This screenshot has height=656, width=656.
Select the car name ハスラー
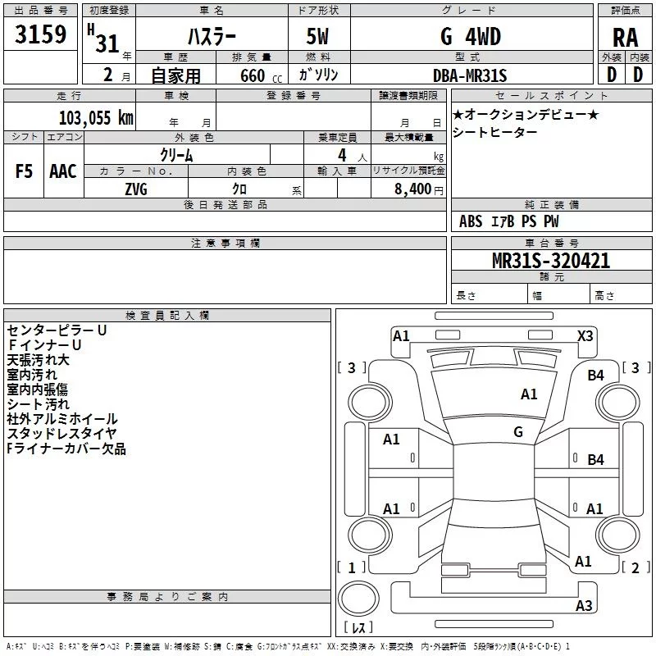[211, 37]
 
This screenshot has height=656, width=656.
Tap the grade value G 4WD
[470, 37]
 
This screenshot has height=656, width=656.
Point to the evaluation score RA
[625, 37]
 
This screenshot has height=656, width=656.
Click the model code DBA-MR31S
[470, 75]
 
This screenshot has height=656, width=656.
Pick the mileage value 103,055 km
[96, 117]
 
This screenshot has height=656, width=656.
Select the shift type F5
[25, 171]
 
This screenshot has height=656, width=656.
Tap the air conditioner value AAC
[63, 171]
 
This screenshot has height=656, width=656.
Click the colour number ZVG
[136, 189]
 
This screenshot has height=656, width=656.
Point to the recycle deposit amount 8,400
[412, 189]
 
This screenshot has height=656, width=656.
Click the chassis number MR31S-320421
[551, 261]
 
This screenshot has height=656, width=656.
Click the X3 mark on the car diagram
[585, 335]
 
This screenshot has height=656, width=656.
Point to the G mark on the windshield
[518, 431]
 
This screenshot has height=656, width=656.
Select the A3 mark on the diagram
[584, 606]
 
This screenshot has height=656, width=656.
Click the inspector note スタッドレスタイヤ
[61, 434]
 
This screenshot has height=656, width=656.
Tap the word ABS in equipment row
[471, 221]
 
